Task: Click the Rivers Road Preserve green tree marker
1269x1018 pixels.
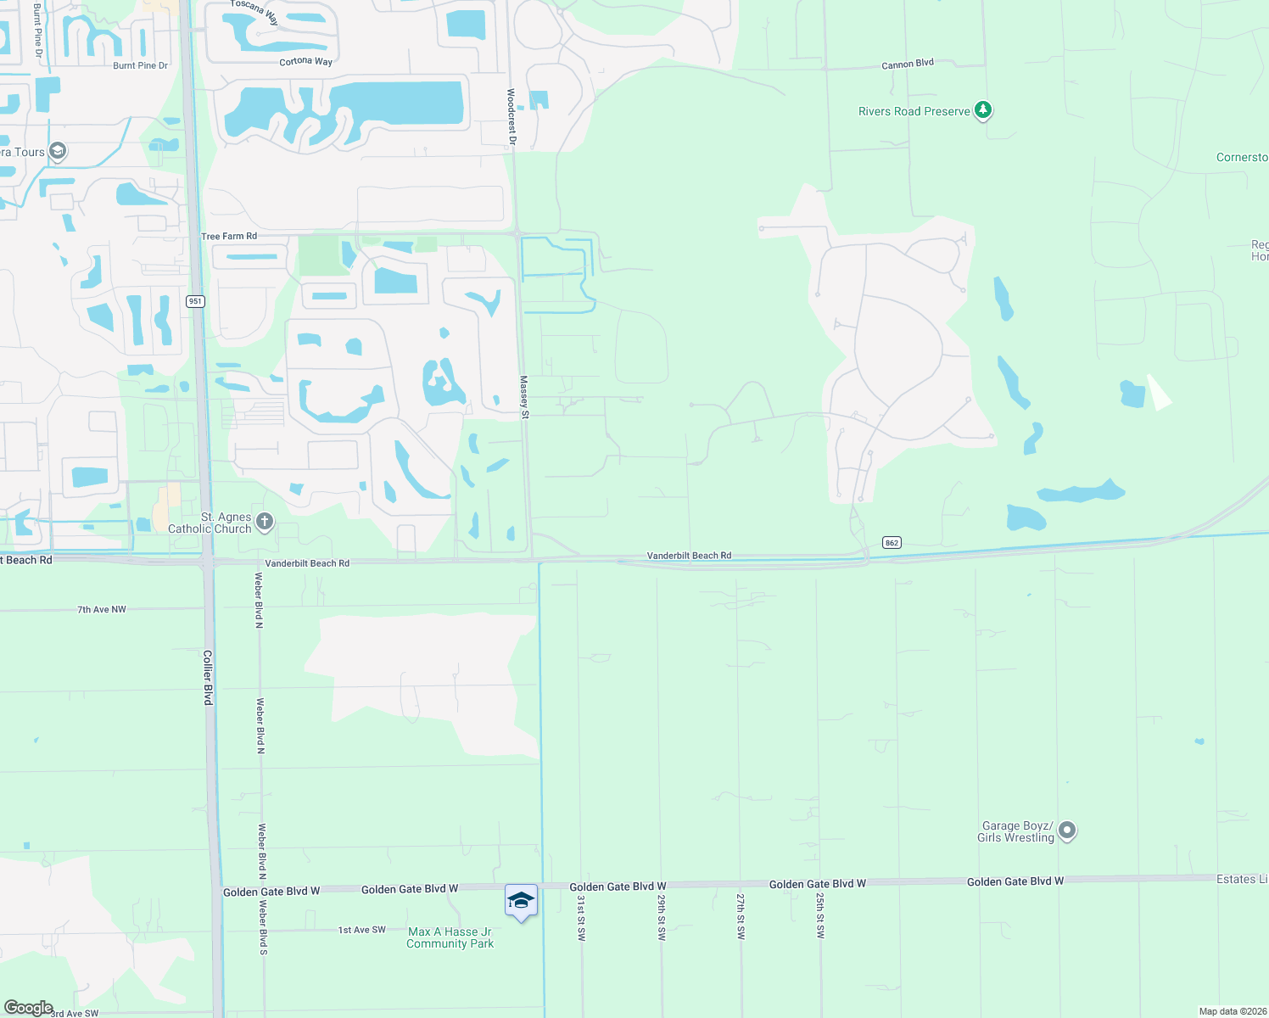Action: coord(983,110)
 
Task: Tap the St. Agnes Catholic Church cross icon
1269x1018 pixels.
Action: coord(265,522)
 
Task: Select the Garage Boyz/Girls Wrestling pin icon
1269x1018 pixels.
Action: coord(1067,831)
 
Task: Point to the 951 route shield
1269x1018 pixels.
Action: coord(196,301)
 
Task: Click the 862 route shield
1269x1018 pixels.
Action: coord(891,543)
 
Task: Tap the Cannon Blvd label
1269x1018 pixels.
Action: coord(907,64)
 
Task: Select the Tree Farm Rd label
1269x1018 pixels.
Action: coord(229,236)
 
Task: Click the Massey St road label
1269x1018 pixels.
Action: coord(524,397)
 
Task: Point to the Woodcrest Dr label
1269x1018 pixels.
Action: coord(512,116)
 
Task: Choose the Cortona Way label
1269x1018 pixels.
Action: coord(305,62)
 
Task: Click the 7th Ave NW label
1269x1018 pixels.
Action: coord(102,609)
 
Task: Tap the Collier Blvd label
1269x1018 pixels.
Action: coord(208,677)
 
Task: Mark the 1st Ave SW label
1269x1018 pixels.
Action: coord(361,930)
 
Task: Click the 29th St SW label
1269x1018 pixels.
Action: coord(662,915)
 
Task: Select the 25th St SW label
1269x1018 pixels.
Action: coord(820,915)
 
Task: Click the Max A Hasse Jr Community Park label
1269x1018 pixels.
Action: coord(450,937)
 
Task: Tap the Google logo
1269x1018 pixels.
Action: coord(29,1008)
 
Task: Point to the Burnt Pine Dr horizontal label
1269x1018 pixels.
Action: coord(140,65)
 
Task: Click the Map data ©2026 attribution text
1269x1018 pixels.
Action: coord(1231,1011)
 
